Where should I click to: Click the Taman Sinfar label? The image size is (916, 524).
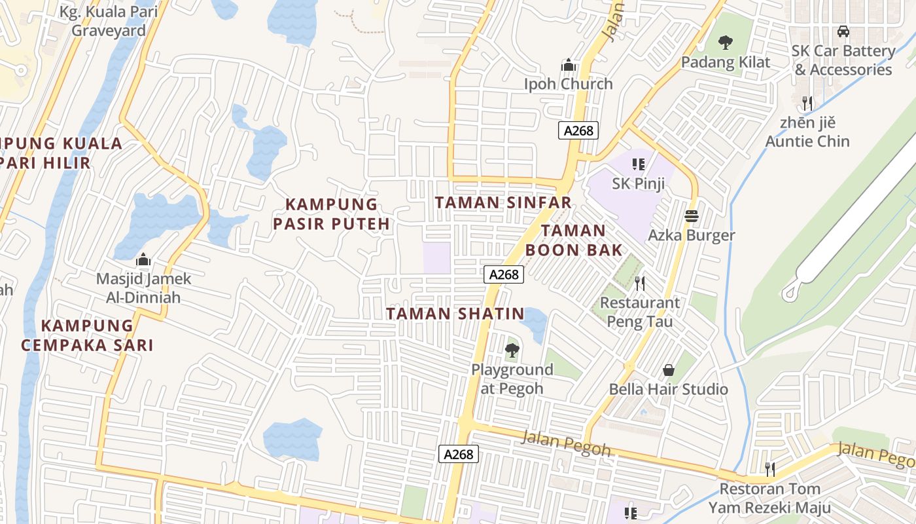coord(503,202)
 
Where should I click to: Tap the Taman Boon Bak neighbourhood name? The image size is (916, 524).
coord(574,240)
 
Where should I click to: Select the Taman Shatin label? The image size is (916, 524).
coord(455,314)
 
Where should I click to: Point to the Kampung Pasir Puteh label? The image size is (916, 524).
coord(331,214)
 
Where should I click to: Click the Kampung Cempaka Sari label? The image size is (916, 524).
coord(87,335)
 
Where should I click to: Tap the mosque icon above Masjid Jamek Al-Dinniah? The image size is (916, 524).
coord(143,260)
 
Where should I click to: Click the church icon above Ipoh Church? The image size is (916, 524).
coord(568,65)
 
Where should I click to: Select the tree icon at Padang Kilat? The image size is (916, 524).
coord(725,43)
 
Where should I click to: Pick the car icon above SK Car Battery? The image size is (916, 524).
coord(843,31)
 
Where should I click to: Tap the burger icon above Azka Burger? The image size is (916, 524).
coord(692,215)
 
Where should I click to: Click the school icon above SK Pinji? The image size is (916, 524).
coord(639,164)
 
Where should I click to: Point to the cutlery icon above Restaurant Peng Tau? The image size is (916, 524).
coord(640,284)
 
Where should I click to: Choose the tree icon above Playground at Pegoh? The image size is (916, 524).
coord(512,350)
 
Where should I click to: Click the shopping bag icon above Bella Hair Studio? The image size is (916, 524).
coord(669,370)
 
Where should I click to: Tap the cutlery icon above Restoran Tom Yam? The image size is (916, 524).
coord(770,470)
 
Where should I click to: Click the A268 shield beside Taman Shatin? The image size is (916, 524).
coord(504,274)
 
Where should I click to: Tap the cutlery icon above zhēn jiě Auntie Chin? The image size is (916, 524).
coord(807,103)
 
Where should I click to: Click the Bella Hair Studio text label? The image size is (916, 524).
coord(669,389)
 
